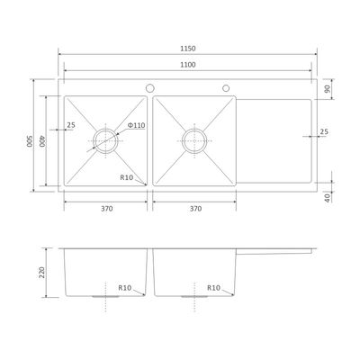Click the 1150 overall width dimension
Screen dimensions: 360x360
(x=188, y=49)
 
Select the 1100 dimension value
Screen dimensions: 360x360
(x=188, y=65)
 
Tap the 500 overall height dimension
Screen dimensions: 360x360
(x=29, y=141)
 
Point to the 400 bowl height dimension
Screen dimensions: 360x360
(x=41, y=141)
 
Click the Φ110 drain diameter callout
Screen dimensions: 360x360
(x=136, y=125)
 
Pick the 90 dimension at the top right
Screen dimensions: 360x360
(x=327, y=89)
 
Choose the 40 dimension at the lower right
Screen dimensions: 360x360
(x=327, y=197)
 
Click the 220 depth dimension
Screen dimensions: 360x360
(x=41, y=273)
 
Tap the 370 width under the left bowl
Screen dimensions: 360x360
(x=107, y=209)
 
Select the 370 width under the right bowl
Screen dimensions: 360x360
(x=195, y=209)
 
